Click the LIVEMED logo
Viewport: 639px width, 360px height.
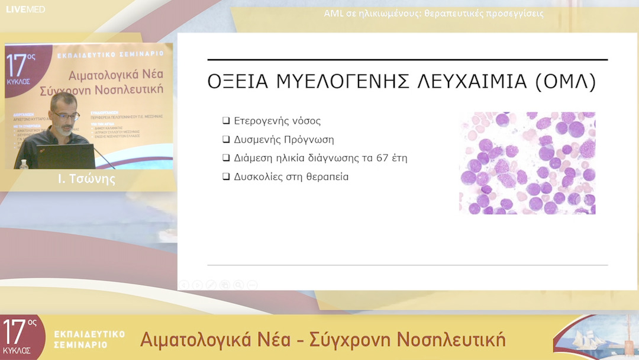(25, 9)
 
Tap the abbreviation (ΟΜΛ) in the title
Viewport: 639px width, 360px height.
(564, 82)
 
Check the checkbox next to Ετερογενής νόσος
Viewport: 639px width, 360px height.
(225, 121)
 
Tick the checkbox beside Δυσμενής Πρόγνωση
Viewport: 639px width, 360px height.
(225, 140)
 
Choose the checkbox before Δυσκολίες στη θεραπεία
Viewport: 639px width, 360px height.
(225, 176)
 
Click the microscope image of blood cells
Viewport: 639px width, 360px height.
(527, 163)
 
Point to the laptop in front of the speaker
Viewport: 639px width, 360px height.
(65, 156)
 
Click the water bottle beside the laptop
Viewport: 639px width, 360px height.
(24, 164)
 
